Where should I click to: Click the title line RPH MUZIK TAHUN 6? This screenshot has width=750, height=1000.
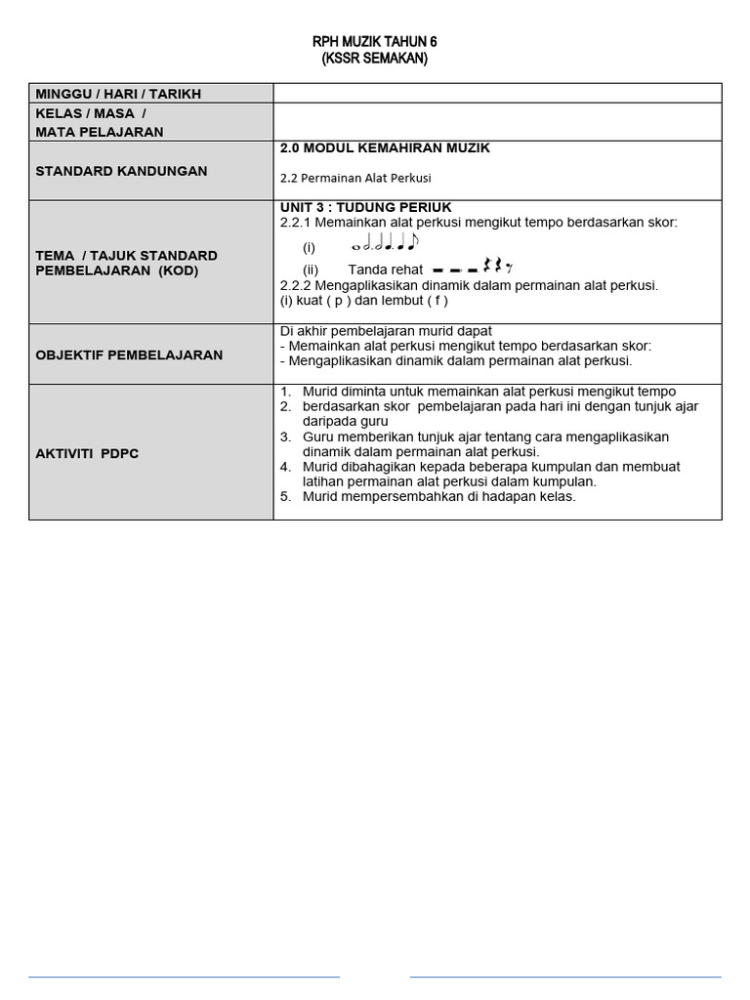point(374,42)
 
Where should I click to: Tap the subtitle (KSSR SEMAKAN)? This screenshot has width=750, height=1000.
point(374,59)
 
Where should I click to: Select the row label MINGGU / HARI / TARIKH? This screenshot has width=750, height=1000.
point(118,94)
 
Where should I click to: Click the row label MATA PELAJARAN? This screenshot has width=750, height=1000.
point(100,132)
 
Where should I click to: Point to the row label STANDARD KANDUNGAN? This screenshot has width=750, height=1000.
point(121,171)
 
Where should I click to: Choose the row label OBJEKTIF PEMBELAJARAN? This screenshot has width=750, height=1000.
point(129,354)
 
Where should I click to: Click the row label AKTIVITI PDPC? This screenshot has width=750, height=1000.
point(87,454)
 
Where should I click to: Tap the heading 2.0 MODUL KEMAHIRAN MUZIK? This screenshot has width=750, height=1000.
point(385,148)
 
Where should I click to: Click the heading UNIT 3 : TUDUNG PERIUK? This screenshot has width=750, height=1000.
point(365,207)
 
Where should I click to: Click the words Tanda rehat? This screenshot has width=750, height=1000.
point(385,270)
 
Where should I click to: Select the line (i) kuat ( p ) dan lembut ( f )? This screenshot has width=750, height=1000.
point(363,301)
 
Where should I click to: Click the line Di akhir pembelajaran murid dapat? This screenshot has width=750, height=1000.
point(386,331)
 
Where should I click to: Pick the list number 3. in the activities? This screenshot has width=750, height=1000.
point(285,437)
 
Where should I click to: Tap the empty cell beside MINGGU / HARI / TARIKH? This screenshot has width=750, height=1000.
point(497,93)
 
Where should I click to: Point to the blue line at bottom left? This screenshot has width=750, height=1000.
point(184,976)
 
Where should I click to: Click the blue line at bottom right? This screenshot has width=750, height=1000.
point(564,976)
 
